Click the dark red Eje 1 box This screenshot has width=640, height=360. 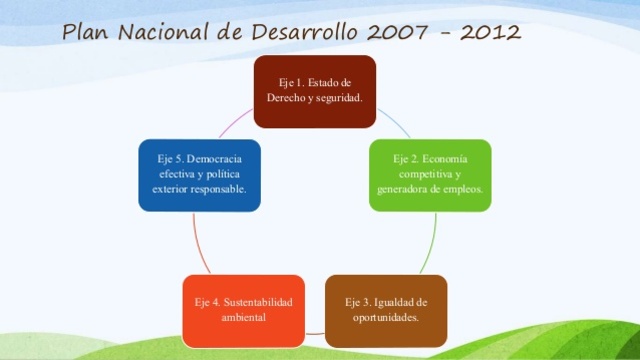point(314,91)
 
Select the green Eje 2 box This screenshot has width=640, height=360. point(430,174)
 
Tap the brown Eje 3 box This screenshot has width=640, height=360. point(386,310)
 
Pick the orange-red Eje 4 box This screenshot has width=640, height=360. point(243,310)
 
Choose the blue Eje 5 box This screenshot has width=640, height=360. point(200,174)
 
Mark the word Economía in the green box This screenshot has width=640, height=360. point(444,159)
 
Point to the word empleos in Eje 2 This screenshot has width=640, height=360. point(460,189)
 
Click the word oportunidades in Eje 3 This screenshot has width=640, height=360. point(386,318)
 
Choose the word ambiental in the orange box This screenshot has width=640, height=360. point(243,318)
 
